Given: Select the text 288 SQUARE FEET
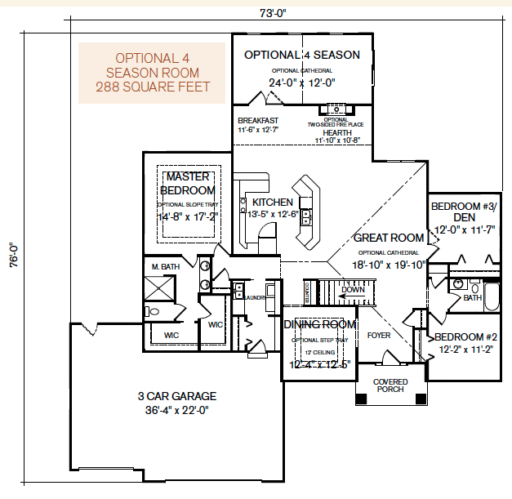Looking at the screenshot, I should point(152,87).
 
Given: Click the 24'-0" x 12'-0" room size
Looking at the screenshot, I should point(303,82).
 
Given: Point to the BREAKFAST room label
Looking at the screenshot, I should point(257,120).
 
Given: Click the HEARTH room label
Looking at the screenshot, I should point(336,132).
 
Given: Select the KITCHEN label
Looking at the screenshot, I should point(272,202).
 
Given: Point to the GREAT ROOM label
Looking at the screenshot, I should point(389,238).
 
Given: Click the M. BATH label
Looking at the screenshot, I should point(165,267).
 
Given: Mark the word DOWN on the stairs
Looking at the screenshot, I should point(353,289).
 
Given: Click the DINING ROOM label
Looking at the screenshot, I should point(319,324).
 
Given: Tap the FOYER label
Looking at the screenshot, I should point(379,335).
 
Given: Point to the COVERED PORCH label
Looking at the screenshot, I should point(390,385).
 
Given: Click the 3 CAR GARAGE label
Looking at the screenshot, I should point(177,396).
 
